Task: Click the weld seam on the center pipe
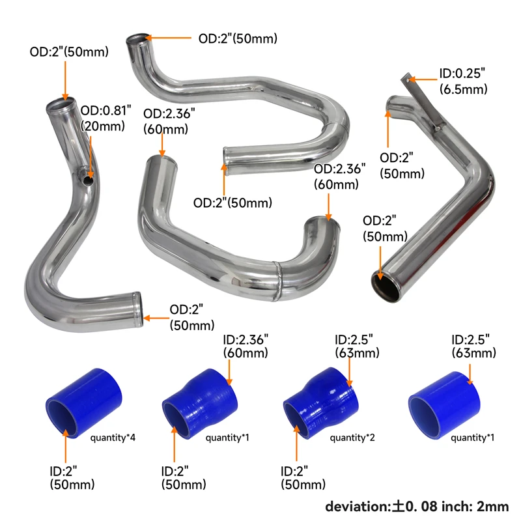point(279,280)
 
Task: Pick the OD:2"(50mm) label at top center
point(237,38)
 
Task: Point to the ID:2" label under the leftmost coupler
point(72,477)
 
